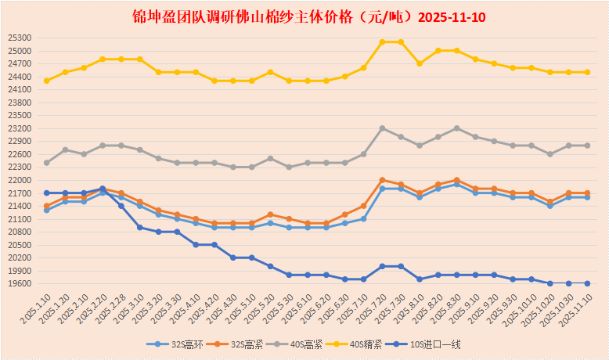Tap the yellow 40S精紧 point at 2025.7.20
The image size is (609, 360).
(x=382, y=42)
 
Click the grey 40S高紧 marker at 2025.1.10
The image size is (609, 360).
(x=47, y=163)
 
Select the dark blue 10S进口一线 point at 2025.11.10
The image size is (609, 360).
(x=587, y=283)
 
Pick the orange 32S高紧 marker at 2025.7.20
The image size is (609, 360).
(x=382, y=180)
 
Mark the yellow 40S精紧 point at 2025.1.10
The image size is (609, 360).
(x=47, y=81)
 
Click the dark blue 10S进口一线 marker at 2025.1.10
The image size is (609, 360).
(x=47, y=193)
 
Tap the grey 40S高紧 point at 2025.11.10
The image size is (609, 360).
(x=587, y=146)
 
